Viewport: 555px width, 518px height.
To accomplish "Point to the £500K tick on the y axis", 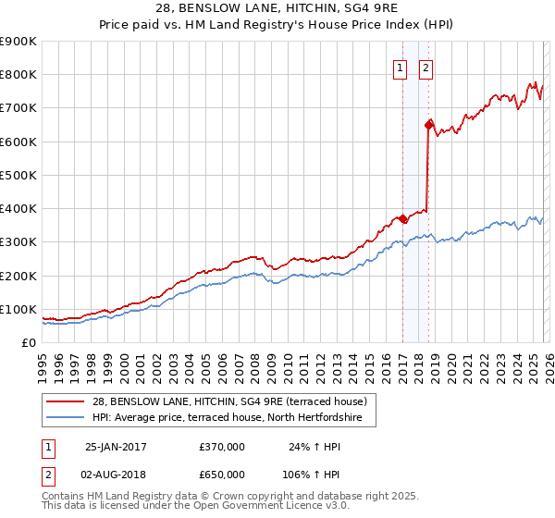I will (18, 175).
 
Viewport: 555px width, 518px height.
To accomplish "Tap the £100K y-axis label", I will (18, 309).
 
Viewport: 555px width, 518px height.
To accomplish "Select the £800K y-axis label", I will (18, 75).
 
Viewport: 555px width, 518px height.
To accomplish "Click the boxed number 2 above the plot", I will (426, 68).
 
